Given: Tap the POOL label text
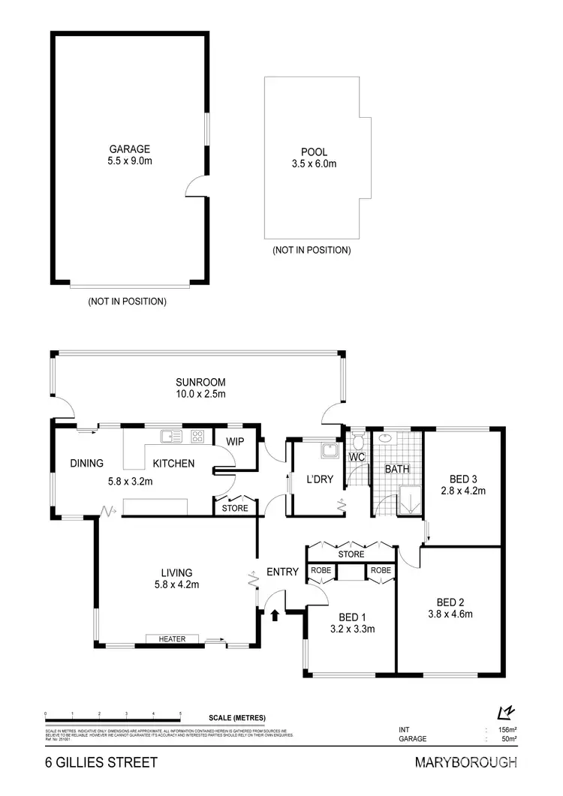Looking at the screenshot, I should pos(314,152).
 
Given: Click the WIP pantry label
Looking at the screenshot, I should pos(236,441).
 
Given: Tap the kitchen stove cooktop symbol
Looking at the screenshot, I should pos(198,435).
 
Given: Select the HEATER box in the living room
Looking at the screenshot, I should pos(172,639).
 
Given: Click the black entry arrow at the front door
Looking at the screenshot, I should pos(275,615).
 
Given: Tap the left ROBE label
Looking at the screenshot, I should pos(321,571).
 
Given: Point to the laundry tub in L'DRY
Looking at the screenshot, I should pos(328,450).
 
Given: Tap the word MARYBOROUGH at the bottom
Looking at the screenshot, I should pos(465,763).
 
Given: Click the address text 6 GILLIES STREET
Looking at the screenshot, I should pos(101,763).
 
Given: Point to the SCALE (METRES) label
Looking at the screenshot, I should pos(237,717).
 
